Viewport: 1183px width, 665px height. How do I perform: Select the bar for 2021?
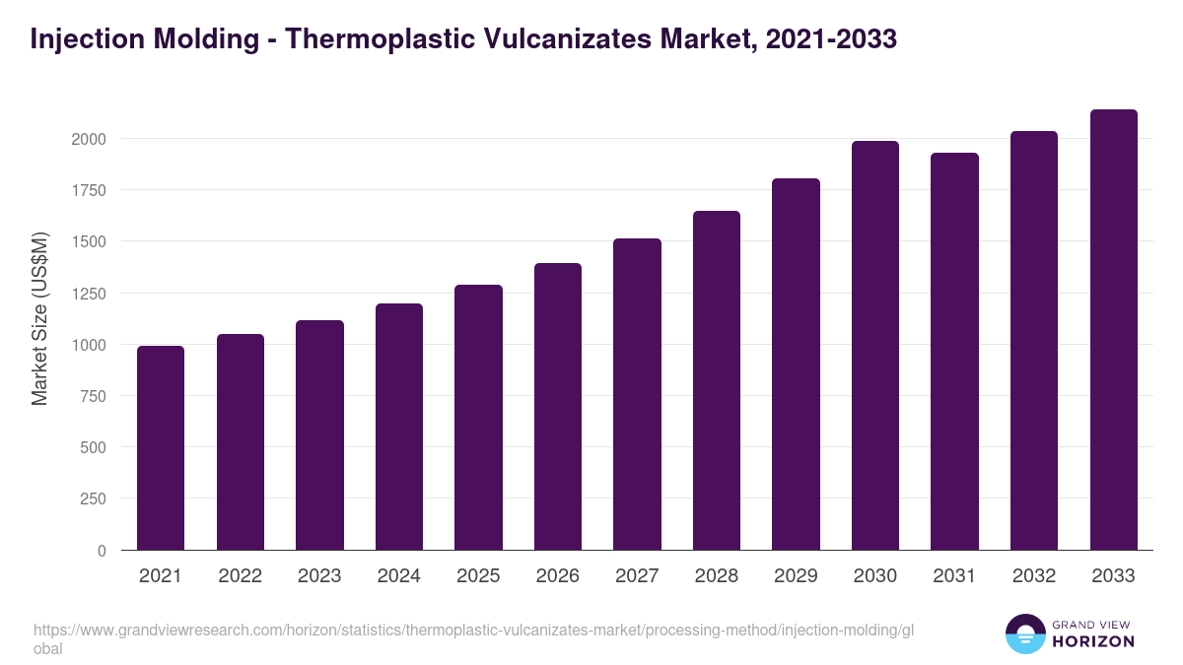point(161,448)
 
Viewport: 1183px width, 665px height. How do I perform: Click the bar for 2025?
point(478,418)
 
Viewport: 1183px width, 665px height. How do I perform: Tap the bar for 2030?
point(875,346)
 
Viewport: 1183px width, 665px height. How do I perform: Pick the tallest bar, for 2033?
point(1113,330)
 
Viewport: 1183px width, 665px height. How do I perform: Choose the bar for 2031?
point(954,352)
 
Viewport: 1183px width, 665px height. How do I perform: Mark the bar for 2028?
point(717,380)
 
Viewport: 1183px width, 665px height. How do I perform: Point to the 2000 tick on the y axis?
point(89,139)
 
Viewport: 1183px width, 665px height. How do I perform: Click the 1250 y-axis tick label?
point(89,294)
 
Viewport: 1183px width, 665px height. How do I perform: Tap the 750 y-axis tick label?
point(93,396)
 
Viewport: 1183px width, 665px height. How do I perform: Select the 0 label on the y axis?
point(102,551)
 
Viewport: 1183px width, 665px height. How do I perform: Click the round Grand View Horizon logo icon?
point(1025,633)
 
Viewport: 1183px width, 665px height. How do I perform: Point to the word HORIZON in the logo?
point(1094,641)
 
